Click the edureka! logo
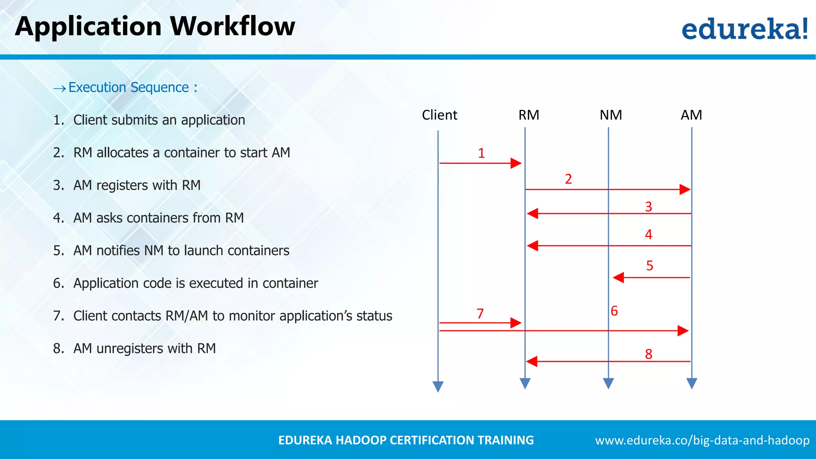(744, 29)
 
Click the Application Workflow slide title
(155, 27)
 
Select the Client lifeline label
(439, 115)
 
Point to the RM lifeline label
(529, 115)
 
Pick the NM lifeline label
(611, 115)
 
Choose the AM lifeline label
(691, 115)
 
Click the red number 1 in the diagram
(481, 153)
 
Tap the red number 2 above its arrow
(569, 179)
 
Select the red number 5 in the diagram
(649, 265)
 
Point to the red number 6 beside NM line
(614, 311)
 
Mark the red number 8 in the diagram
(649, 354)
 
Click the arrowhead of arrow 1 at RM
(516, 163)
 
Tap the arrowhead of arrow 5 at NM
(618, 277)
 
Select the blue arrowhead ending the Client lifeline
(438, 386)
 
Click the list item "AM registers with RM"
(137, 185)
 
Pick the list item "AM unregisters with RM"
(144, 349)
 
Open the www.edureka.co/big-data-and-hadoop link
(702, 440)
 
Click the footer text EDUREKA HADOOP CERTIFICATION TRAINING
(406, 440)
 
